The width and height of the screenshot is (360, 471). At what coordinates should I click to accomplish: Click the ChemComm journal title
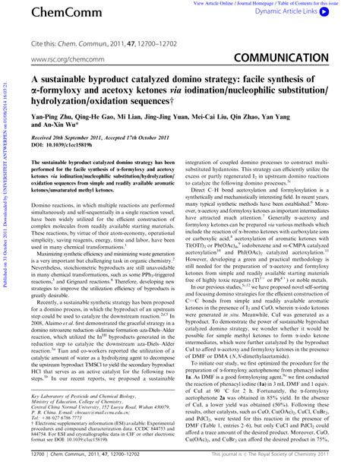[56, 13]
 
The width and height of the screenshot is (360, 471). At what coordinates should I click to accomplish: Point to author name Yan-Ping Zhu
[52, 119]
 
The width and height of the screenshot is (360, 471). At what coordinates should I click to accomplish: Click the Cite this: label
[45, 43]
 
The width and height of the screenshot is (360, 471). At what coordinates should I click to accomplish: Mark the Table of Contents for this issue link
[313, 4]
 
